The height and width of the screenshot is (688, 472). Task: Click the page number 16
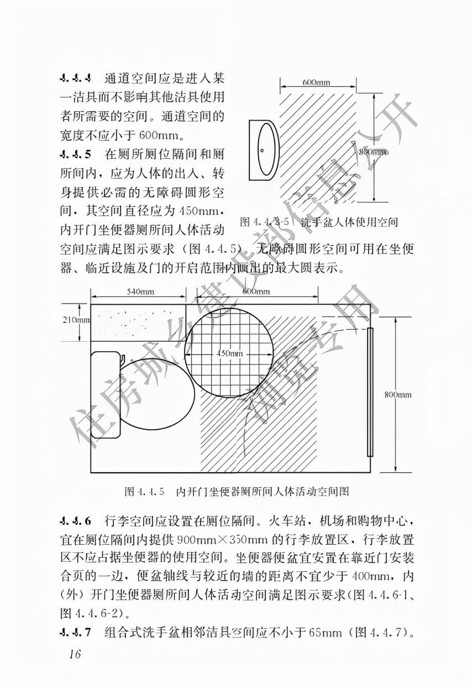point(75,655)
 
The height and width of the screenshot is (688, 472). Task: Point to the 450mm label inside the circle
point(229,353)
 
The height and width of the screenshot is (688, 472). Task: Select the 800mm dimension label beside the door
point(397,394)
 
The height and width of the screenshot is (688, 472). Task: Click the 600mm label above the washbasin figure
point(316,82)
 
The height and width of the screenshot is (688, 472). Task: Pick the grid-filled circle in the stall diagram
point(228,353)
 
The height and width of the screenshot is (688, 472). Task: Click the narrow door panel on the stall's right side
point(370,392)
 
